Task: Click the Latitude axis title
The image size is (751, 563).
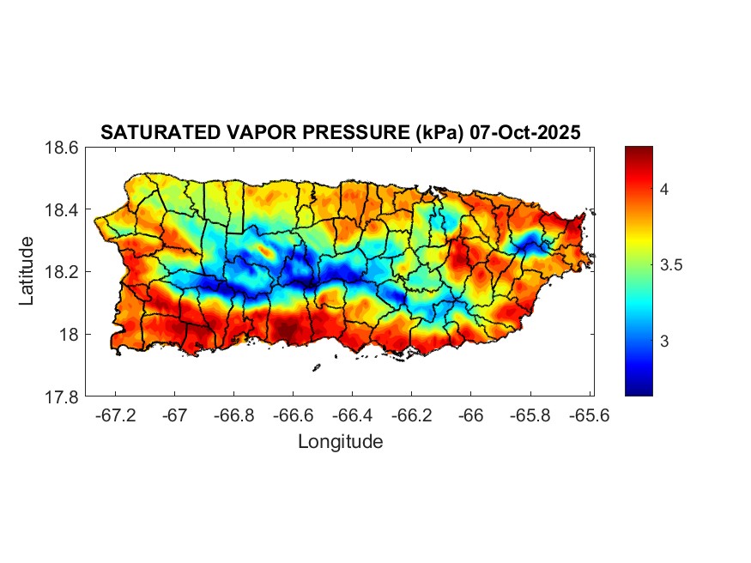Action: click(x=27, y=271)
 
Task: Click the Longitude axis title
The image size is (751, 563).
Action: click(x=340, y=442)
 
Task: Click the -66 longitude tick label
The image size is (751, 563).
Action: click(x=470, y=415)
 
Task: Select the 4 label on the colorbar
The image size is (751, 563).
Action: click(x=664, y=188)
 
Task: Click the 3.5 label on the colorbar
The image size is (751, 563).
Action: click(x=671, y=265)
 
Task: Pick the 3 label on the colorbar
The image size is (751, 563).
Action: click(x=664, y=342)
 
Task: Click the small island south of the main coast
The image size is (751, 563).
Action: click(x=316, y=367)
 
